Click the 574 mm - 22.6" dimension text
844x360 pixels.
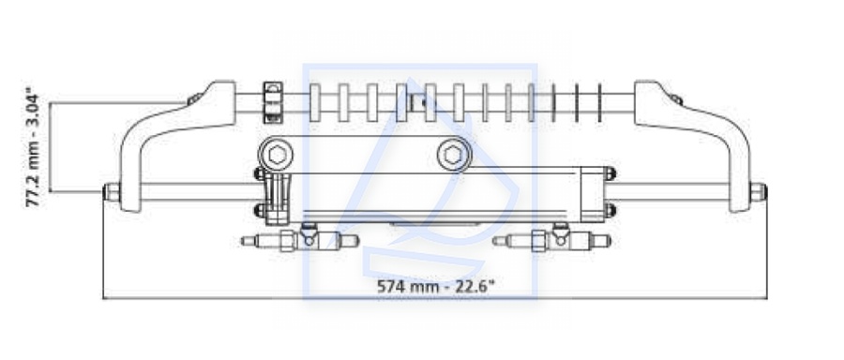(x=435, y=286)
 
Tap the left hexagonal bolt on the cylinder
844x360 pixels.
(x=277, y=156)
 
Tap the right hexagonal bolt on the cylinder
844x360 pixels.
(x=453, y=156)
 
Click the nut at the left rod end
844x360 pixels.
(x=112, y=192)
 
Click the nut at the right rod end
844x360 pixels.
(x=759, y=192)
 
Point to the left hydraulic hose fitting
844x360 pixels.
(x=300, y=239)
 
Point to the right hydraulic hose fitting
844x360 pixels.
(x=551, y=239)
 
